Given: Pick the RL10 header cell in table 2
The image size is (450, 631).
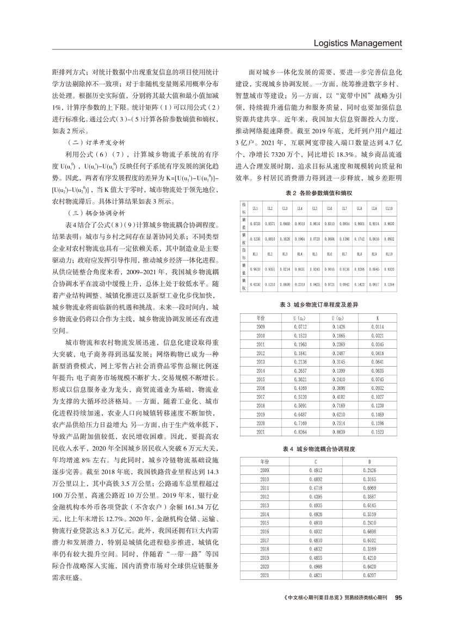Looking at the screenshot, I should (387, 253).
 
